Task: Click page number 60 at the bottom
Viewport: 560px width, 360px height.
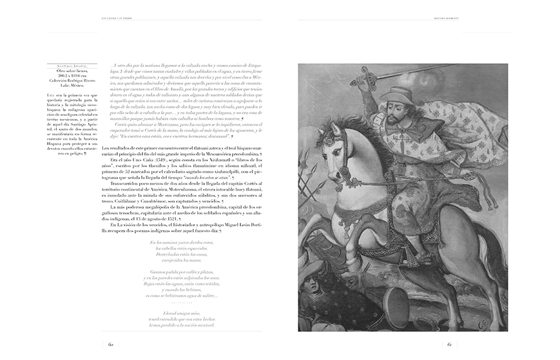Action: pyautogui.click(x=111, y=344)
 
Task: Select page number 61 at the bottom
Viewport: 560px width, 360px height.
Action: pyautogui.click(x=449, y=344)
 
